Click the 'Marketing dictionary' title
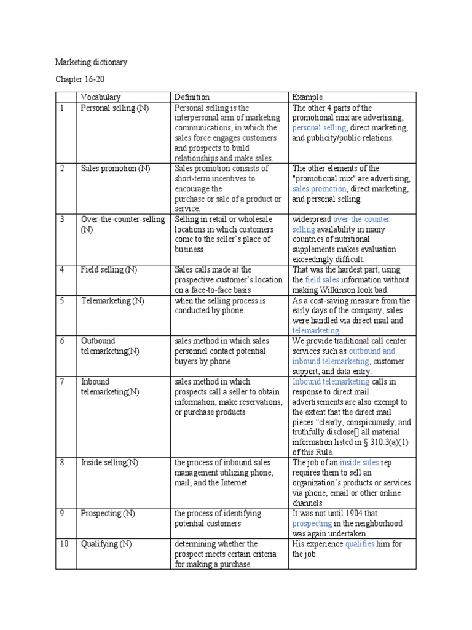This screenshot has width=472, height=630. (91, 62)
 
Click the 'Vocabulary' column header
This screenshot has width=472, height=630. (101, 97)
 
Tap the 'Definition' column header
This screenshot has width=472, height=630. (192, 97)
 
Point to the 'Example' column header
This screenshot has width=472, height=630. (307, 97)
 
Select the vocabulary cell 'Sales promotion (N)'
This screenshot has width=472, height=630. (115, 169)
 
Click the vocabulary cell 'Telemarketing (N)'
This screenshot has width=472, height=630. (112, 301)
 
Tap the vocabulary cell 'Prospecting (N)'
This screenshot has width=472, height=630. (111, 513)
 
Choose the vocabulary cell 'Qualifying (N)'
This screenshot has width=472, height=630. (106, 544)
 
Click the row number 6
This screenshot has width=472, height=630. (62, 341)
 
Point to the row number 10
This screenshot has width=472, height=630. (63, 544)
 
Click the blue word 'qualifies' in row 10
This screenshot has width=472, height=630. (360, 544)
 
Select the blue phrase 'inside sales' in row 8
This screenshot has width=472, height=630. (358, 463)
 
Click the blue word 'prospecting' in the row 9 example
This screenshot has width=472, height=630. (312, 524)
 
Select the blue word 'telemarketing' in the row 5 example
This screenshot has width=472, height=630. (315, 331)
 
